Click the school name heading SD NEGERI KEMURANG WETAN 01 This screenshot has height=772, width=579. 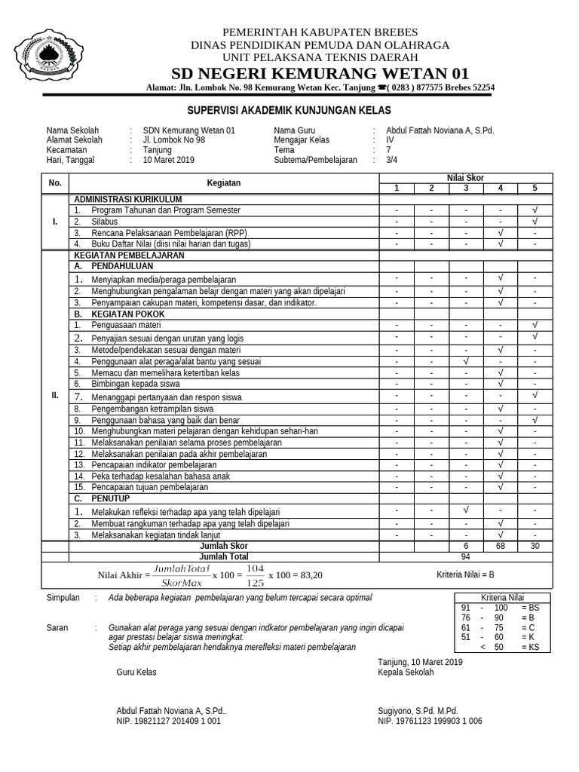pyautogui.click(x=320, y=73)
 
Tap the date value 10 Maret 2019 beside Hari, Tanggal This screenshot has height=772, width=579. pyautogui.click(x=169, y=160)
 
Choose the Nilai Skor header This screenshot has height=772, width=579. pyautogui.click(x=465, y=178)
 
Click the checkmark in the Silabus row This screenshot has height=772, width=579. pyautogui.click(x=535, y=222)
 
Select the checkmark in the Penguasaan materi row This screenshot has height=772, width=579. pyautogui.click(x=535, y=325)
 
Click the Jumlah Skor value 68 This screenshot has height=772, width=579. pyautogui.click(x=500, y=546)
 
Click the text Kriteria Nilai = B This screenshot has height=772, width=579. pyautogui.click(x=465, y=574)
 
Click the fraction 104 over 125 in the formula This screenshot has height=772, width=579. pyautogui.click(x=256, y=575)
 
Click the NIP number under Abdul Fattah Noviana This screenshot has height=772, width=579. pyautogui.click(x=168, y=721)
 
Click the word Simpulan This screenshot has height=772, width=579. pyautogui.click(x=63, y=598)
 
